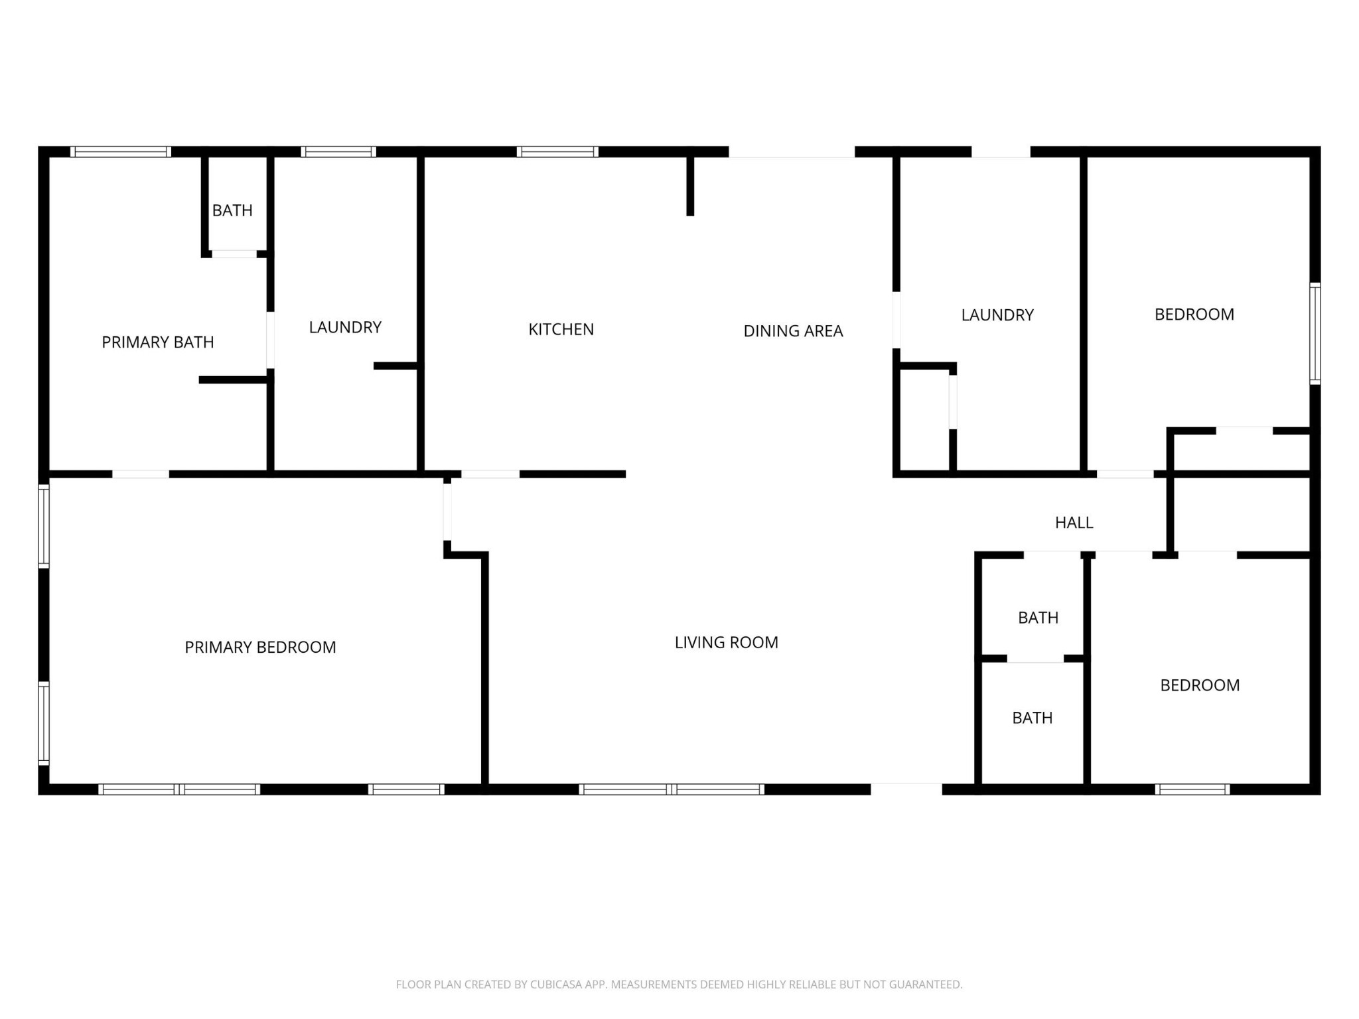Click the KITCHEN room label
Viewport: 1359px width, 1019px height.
[561, 330]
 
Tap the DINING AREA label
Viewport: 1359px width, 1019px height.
[793, 331]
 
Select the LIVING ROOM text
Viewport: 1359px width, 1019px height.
[726, 642]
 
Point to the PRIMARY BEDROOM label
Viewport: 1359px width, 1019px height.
[260, 647]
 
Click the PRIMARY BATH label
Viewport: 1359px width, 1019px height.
[158, 342]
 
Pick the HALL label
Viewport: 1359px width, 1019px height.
[1074, 523]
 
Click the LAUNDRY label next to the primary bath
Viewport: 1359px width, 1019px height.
[345, 327]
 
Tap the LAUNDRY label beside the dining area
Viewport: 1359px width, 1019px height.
[997, 315]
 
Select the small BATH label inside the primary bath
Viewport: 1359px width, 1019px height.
[232, 211]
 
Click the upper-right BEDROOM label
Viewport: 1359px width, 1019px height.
[1194, 314]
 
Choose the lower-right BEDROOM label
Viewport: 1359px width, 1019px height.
[1199, 685]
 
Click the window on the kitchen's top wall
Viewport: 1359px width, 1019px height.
[557, 152]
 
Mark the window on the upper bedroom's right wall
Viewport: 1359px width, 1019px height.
[1315, 333]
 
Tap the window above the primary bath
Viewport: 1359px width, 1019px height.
[121, 152]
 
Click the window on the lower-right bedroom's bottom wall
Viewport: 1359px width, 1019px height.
[1192, 789]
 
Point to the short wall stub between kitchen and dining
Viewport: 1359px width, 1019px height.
[690, 186]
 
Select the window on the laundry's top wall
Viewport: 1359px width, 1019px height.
[338, 152]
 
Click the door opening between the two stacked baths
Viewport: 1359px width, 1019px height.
[1035, 659]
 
